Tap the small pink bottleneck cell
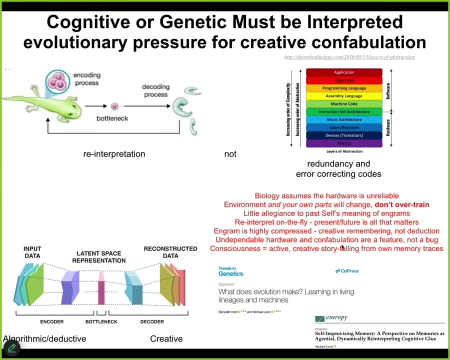coord(114,106)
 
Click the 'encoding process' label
coord(86,79)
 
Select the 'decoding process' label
coord(155,90)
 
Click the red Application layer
coord(344,72)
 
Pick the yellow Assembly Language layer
coord(344,96)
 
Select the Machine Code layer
coord(344,104)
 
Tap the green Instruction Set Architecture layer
coord(344,112)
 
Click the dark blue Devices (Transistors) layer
coord(344,135)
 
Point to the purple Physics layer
coord(344,143)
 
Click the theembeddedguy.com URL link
coord(349,57)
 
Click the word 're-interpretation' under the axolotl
coord(114,154)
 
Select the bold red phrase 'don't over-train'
coord(401,204)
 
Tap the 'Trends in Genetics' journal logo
coord(230,271)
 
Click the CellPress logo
coord(347,271)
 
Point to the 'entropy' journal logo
coord(331,318)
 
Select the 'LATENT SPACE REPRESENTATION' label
coord(98,257)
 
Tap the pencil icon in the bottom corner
coord(11,348)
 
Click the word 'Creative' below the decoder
coord(166,339)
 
